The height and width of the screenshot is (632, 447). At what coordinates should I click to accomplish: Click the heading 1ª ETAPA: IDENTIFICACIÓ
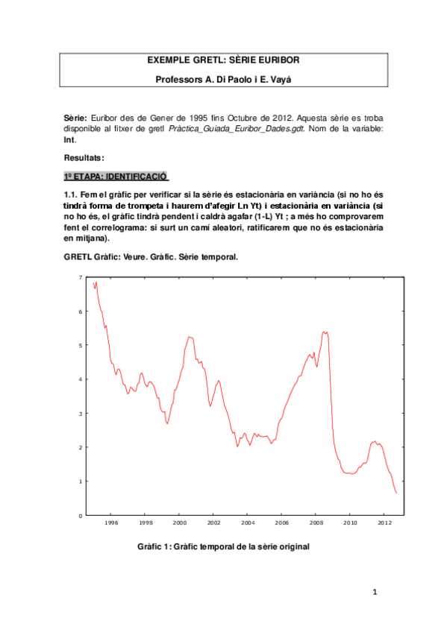(x=116, y=177)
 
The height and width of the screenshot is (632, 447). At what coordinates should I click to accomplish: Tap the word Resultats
(x=84, y=158)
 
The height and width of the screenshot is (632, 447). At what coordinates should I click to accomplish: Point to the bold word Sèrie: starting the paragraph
(x=76, y=118)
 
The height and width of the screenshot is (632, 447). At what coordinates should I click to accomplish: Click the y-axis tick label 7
(x=81, y=277)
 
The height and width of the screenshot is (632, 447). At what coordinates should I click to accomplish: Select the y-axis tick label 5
(x=81, y=345)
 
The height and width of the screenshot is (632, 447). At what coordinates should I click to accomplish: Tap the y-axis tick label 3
(x=81, y=413)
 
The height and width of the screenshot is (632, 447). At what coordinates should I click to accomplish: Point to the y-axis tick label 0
(x=81, y=515)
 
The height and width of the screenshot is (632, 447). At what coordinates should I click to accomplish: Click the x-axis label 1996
(x=111, y=523)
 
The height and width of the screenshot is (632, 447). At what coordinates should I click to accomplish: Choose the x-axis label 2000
(x=180, y=523)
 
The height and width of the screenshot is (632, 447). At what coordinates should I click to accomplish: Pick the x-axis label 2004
(x=248, y=523)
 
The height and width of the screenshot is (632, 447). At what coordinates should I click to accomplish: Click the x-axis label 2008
(x=316, y=523)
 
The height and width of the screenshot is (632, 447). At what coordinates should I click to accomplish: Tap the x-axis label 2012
(x=384, y=523)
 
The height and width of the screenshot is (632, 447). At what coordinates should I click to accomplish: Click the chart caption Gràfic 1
(x=223, y=546)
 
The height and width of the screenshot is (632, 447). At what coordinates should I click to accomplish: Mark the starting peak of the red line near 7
(x=96, y=282)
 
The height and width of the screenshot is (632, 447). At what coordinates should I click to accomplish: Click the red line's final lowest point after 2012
(x=396, y=493)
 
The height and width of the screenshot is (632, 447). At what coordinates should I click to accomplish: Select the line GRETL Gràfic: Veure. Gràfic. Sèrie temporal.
(x=152, y=256)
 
